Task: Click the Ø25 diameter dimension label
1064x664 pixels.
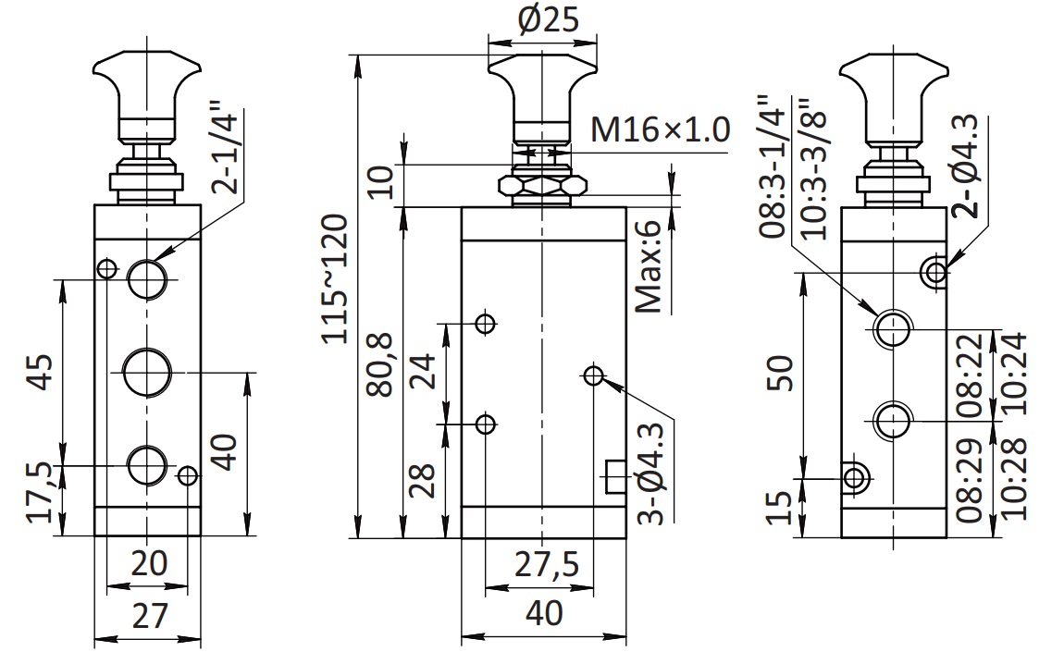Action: pyautogui.click(x=549, y=19)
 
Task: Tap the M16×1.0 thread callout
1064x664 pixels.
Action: pyautogui.click(x=661, y=129)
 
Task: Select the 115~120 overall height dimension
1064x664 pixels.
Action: pyautogui.click(x=336, y=278)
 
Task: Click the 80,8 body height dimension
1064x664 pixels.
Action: pyautogui.click(x=380, y=364)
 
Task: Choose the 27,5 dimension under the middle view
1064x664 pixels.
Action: pyautogui.click(x=547, y=564)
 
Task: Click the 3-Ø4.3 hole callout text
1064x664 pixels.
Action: pyautogui.click(x=652, y=473)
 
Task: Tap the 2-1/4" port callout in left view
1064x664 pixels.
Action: pyautogui.click(x=225, y=148)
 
